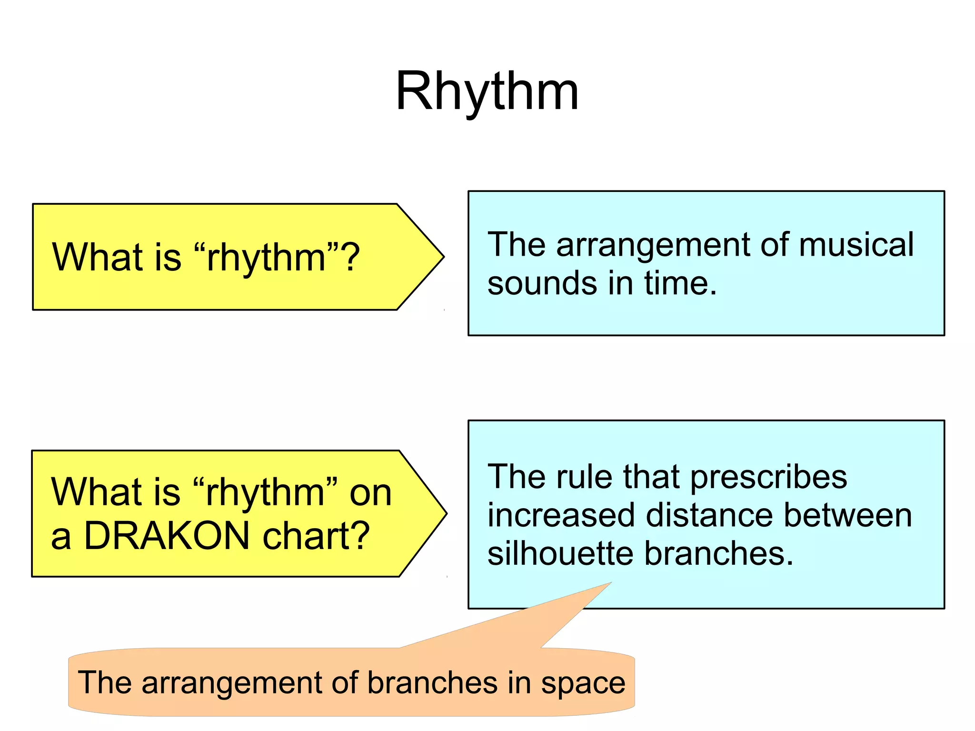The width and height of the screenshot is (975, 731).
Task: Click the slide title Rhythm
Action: point(487,91)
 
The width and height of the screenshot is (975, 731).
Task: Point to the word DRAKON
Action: point(167,536)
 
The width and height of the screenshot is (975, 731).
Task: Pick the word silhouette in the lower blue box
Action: point(560,554)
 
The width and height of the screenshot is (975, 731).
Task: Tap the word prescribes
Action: point(768,478)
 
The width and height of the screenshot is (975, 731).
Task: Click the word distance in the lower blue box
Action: point(709,516)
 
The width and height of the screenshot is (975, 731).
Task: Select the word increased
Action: point(561,516)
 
